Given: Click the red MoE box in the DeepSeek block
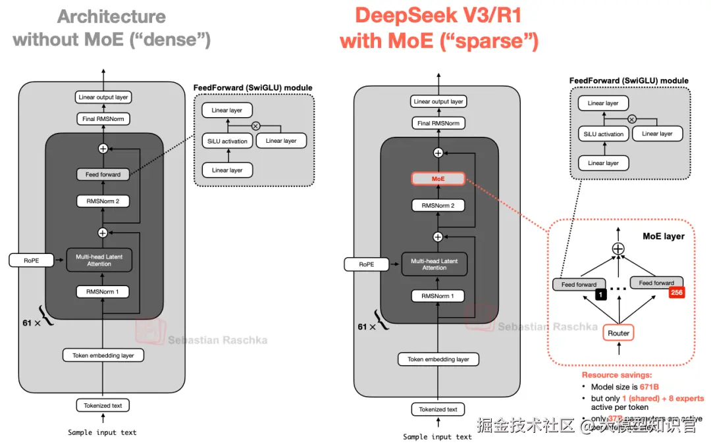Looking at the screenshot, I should [438, 178].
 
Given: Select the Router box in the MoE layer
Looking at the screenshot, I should [618, 333].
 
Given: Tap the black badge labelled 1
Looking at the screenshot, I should [600, 294].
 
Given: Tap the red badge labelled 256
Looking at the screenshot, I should [676, 292].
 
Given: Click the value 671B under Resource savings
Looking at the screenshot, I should [649, 387].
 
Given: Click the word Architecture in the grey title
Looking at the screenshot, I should [111, 16].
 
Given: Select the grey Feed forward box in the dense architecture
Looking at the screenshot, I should [103, 174].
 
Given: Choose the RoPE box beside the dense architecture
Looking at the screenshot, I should [31, 261].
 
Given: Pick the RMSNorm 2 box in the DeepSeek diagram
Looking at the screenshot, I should [438, 206].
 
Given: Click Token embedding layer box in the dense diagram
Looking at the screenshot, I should [103, 355].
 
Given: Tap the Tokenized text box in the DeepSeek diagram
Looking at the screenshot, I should [438, 409].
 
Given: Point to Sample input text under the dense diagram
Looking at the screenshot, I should [102, 432].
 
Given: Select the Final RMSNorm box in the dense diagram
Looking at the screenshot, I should [103, 119].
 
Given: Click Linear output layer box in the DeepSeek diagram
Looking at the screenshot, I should [438, 101].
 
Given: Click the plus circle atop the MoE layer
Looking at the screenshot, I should [618, 249].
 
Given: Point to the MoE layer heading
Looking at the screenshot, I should [663, 236].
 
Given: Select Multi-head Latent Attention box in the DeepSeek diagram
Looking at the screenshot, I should [434, 264].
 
